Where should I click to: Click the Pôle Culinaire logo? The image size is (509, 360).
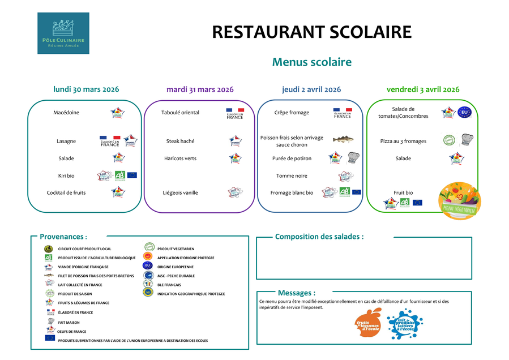63,33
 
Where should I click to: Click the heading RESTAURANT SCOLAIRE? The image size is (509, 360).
311,32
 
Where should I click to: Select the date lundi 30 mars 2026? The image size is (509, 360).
86,89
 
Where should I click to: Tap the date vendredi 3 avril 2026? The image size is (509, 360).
423,89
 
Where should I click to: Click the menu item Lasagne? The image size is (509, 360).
66,141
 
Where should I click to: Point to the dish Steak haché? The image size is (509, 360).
180,141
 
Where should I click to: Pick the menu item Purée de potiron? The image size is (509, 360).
292,158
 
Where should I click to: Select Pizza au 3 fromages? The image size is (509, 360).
403,141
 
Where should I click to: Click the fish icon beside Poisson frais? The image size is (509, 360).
343,139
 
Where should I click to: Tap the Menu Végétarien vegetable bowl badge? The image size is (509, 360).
460,200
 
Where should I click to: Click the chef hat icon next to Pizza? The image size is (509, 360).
467,139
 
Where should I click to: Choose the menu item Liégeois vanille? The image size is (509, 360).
180,193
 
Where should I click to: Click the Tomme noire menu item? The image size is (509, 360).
292,176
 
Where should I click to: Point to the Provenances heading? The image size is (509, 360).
63,237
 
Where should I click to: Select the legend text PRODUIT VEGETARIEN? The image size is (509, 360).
176,248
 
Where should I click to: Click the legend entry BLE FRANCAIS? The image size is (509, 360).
169,285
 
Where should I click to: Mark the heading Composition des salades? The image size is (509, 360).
319,237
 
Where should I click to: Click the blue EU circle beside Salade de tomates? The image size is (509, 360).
464,112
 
